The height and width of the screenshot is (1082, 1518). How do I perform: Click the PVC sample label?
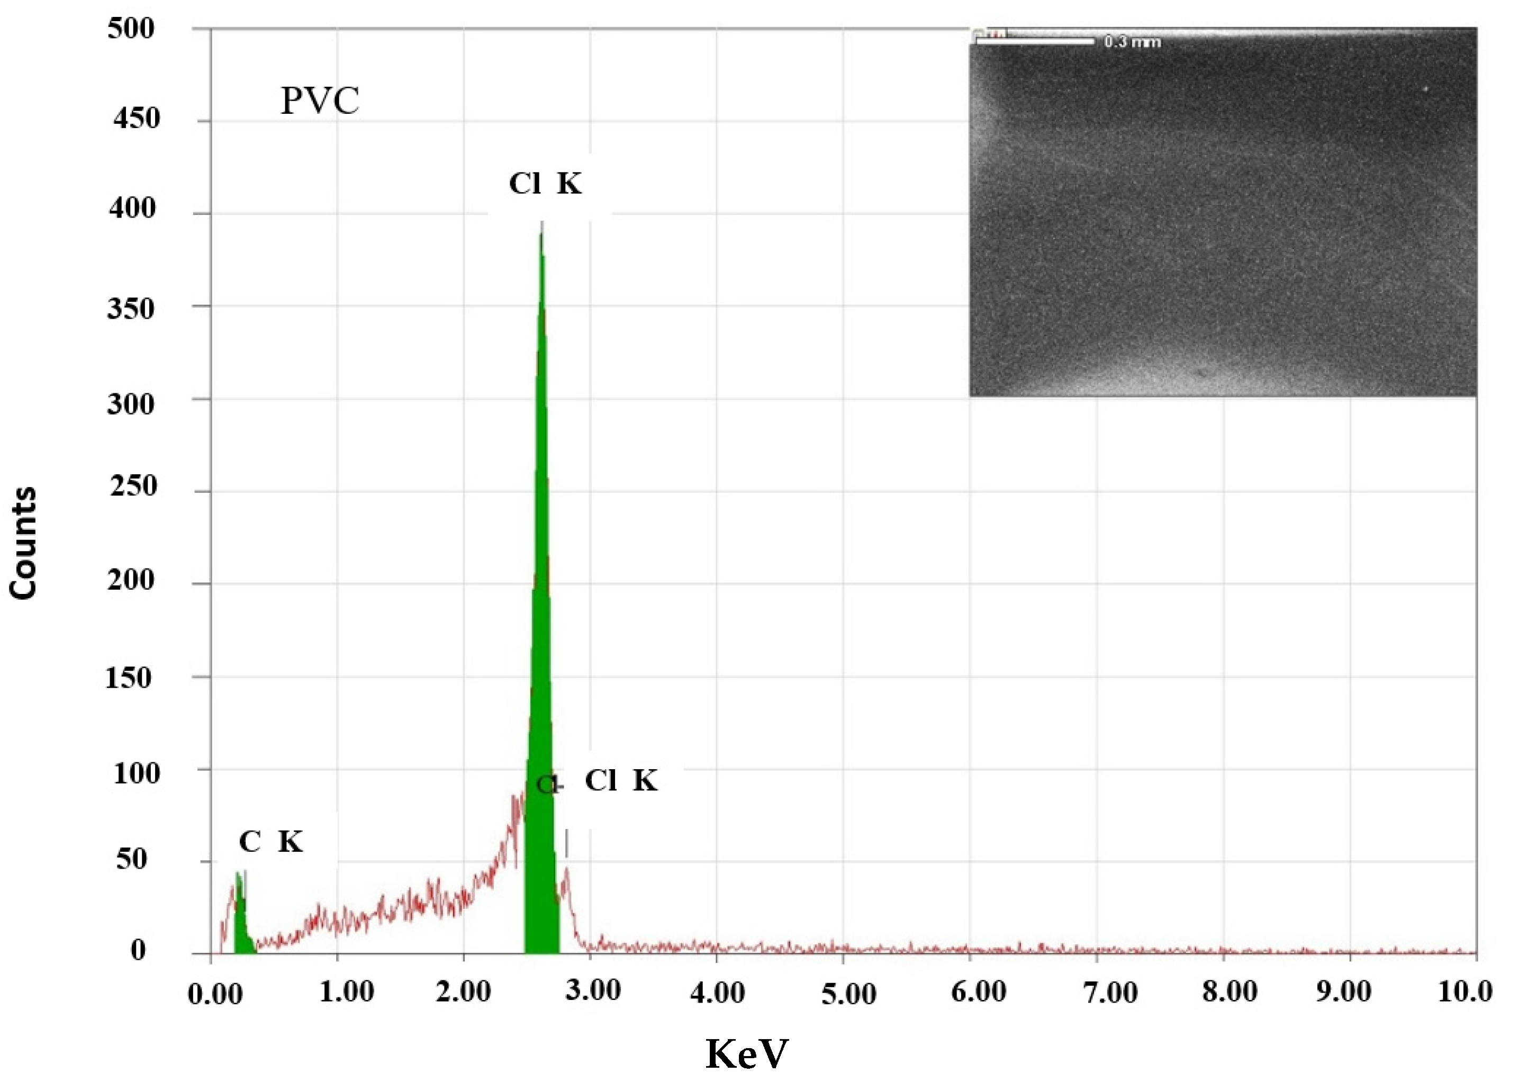click(x=320, y=101)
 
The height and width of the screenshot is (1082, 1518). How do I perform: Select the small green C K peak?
click(x=241, y=919)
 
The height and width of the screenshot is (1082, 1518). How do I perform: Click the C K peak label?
click(x=270, y=842)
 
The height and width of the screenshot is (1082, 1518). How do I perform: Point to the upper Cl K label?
click(x=545, y=183)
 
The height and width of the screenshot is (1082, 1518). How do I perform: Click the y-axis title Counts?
click(x=23, y=543)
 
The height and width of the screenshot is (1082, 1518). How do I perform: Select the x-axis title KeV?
click(x=747, y=1053)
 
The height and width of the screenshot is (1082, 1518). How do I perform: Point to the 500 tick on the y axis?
click(x=131, y=29)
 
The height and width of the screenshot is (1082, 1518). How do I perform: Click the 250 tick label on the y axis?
click(x=133, y=486)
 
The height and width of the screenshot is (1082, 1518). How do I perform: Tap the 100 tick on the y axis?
click(x=137, y=773)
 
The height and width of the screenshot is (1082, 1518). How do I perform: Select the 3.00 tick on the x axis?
click(x=593, y=991)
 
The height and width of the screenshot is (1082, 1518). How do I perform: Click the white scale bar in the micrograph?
click(x=1034, y=42)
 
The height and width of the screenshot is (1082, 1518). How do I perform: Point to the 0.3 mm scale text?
click(x=1132, y=42)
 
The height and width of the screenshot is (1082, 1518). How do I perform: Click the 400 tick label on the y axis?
click(x=132, y=209)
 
